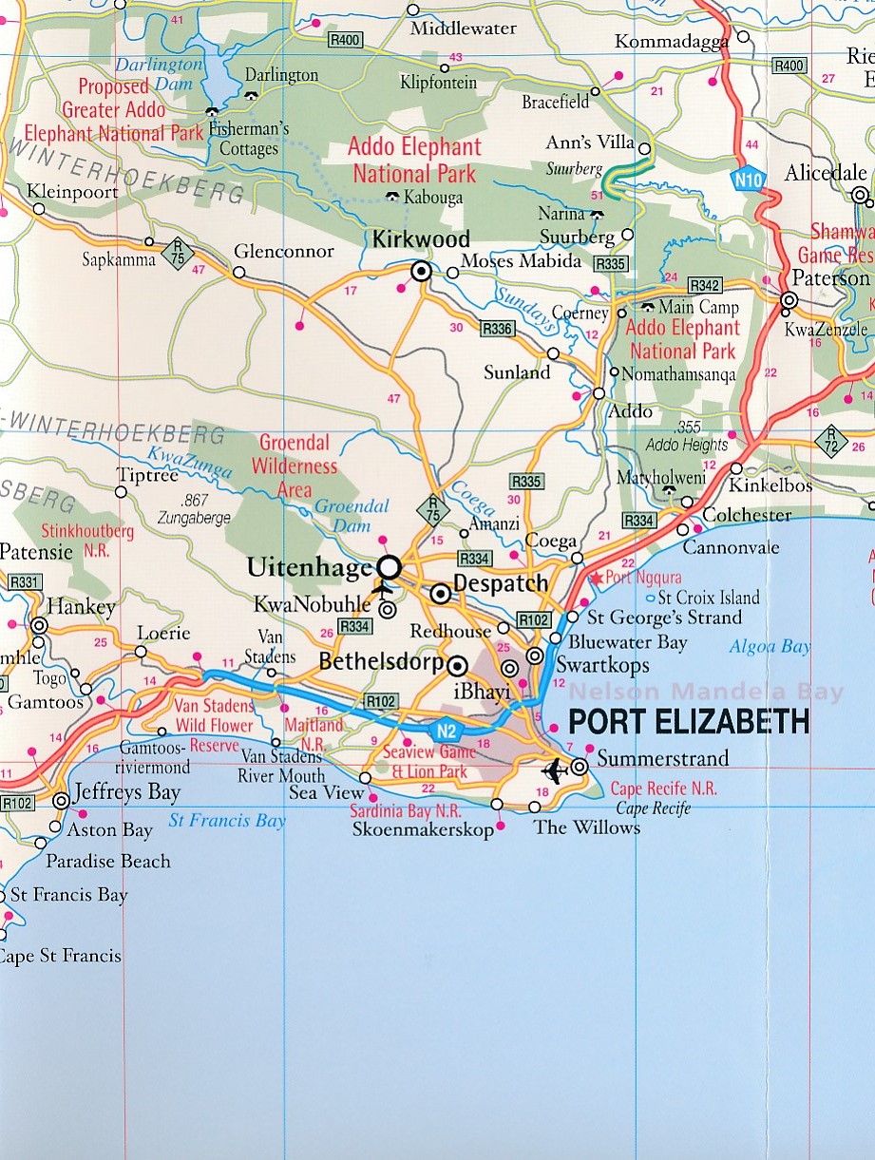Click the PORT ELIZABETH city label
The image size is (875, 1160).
pyautogui.click(x=688, y=722)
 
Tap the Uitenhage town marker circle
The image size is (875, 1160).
pyautogui.click(x=389, y=568)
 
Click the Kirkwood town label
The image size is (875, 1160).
pyautogui.click(x=421, y=240)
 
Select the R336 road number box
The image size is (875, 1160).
pyautogui.click(x=497, y=329)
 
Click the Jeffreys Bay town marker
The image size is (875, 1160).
pyautogui.click(x=62, y=801)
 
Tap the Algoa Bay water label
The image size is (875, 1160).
pyautogui.click(x=770, y=647)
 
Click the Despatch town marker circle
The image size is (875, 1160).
pyautogui.click(x=441, y=595)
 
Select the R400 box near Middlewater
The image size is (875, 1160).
pyautogui.click(x=344, y=40)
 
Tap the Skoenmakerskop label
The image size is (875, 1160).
pyautogui.click(x=423, y=829)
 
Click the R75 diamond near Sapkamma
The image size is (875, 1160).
pyautogui.click(x=178, y=252)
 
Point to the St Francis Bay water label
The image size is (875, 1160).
pyautogui.click(x=226, y=821)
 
